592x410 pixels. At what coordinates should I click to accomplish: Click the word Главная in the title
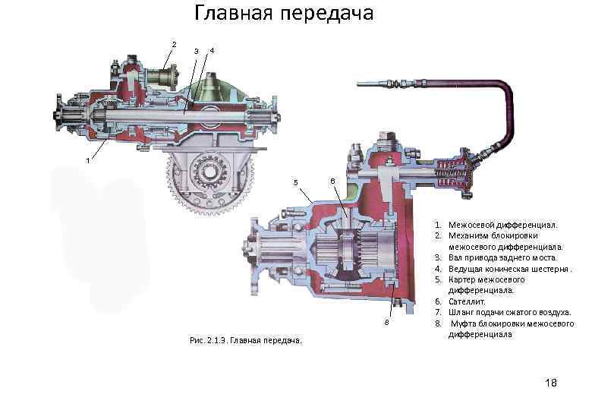coord(234,14)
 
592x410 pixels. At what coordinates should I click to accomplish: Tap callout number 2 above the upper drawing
coord(174,44)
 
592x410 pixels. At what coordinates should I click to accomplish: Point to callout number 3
coord(196,51)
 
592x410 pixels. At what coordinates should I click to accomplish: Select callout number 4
coord(212,51)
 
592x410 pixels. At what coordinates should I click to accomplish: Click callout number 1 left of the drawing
coord(88,161)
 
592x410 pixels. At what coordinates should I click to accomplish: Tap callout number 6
coord(331,181)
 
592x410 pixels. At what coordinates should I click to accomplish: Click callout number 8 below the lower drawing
coord(386,323)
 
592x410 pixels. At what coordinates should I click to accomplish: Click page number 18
coord(550,383)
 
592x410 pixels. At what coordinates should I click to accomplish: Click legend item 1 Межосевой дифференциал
coord(503,225)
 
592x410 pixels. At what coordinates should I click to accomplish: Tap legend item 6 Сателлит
coord(471,301)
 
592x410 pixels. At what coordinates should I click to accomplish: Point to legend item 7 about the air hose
coord(509,312)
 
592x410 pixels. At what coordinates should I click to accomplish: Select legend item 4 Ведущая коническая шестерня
coord(510,269)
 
